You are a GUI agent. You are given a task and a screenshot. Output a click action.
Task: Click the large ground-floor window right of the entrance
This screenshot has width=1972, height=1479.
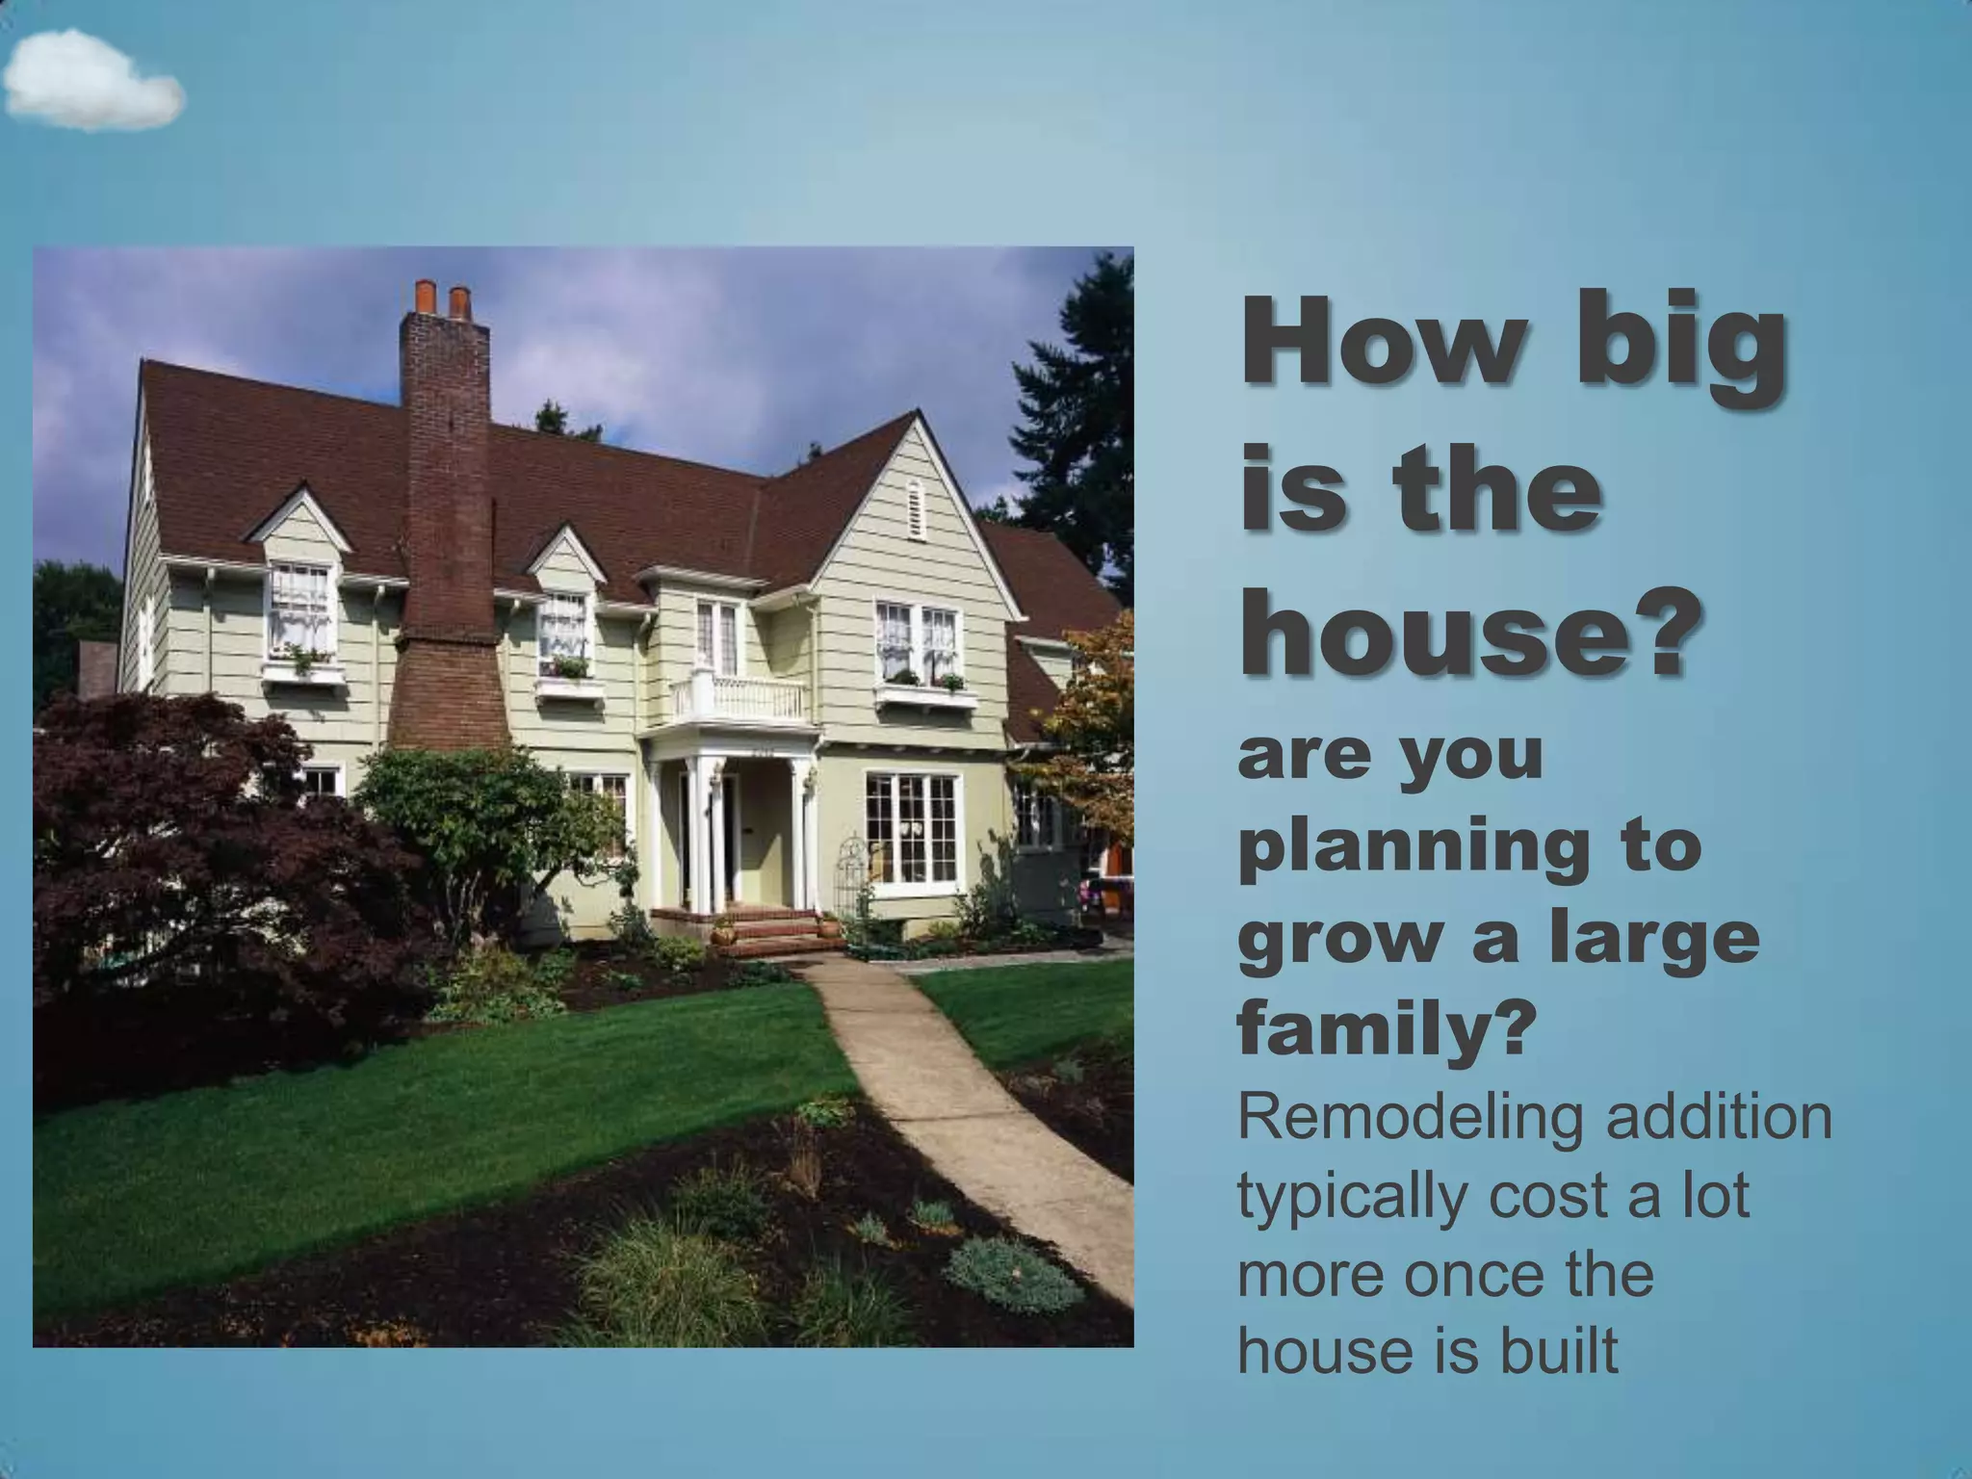(x=912, y=828)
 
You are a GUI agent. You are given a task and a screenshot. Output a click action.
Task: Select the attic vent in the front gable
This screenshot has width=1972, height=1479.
(x=914, y=507)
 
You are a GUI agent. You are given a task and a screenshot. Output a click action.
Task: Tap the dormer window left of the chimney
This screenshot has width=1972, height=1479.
(x=300, y=609)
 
